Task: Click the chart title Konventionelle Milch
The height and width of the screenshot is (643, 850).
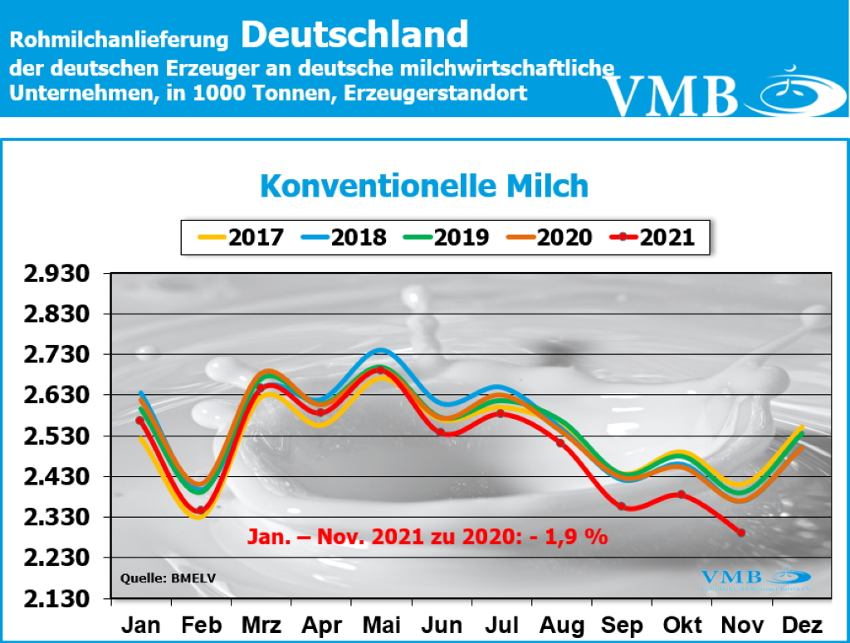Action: click(424, 185)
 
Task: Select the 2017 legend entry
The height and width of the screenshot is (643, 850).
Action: click(241, 237)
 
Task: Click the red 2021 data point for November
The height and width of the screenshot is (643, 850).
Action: click(740, 533)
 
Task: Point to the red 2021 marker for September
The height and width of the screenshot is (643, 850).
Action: click(621, 506)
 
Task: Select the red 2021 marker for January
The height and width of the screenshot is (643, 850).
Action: click(140, 421)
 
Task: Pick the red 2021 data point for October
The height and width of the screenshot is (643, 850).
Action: click(681, 494)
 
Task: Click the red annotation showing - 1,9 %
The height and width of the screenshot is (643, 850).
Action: click(427, 536)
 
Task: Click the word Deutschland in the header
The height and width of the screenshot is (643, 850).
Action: click(355, 35)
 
